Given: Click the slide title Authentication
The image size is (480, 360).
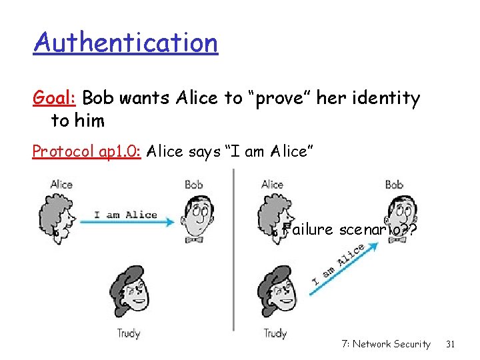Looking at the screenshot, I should pyautogui.click(x=126, y=43).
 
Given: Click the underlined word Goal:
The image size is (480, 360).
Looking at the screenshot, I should pyautogui.click(x=57, y=99).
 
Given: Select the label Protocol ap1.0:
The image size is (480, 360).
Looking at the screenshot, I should pyautogui.click(x=87, y=151).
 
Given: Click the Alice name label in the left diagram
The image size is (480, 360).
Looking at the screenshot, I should pyautogui.click(x=61, y=184).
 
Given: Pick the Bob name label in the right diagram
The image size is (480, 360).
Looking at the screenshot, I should pyautogui.click(x=395, y=184).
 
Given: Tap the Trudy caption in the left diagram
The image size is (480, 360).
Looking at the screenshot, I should pyautogui.click(x=129, y=332).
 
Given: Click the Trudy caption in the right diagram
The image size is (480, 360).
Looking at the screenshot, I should pyautogui.click(x=275, y=332).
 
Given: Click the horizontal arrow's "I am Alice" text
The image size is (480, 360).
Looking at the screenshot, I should pyautogui.click(x=125, y=214).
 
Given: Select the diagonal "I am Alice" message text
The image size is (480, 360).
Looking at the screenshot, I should pyautogui.click(x=338, y=266).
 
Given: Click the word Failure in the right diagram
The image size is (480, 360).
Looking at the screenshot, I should pyautogui.click(x=307, y=230).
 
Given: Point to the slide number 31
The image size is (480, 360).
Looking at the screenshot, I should pyautogui.click(x=450, y=344).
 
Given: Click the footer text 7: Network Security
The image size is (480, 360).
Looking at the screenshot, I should pyautogui.click(x=385, y=344).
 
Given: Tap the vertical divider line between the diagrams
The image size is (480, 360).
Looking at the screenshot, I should pyautogui.click(x=233, y=250).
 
